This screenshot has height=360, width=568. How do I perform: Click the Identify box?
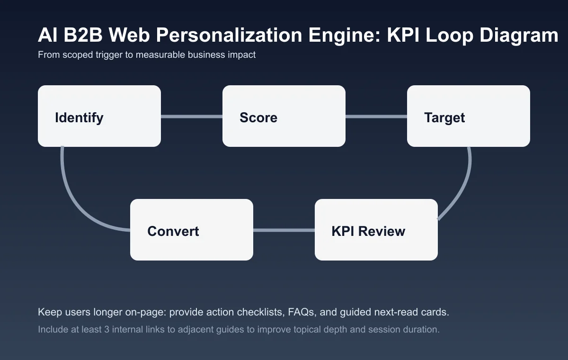[x=99, y=116]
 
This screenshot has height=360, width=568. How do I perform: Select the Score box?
[x=284, y=116]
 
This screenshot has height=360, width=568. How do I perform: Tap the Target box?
[x=469, y=116]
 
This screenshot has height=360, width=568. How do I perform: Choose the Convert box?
[x=192, y=230]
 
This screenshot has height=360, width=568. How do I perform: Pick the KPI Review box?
[x=376, y=230]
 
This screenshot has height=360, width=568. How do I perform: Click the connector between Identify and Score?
[x=192, y=116]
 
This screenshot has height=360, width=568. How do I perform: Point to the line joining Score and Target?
[x=376, y=116]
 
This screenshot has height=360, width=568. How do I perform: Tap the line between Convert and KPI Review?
[x=284, y=230]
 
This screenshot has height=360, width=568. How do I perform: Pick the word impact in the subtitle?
[x=243, y=55]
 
